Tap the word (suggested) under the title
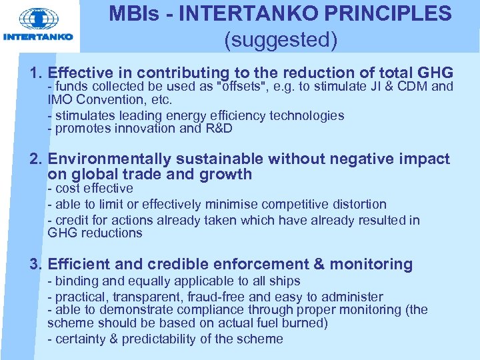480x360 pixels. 281,41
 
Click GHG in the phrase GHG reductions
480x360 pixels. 61,233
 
